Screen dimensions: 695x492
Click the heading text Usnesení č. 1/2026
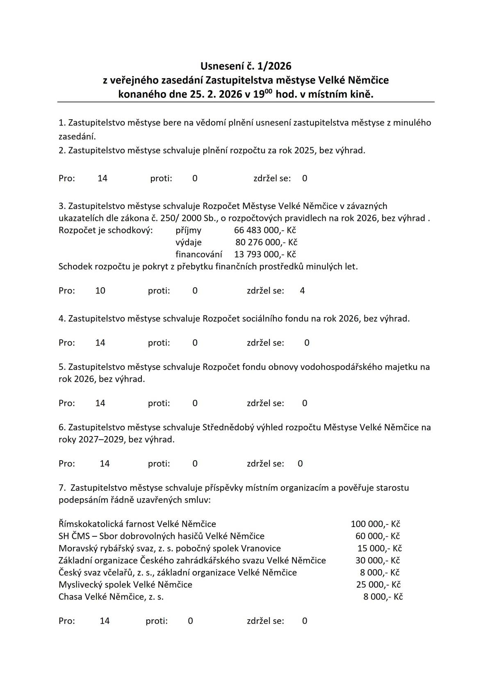[x=246, y=66]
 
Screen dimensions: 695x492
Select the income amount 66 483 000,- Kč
[x=265, y=230]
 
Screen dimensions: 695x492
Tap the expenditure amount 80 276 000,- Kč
[x=266, y=242]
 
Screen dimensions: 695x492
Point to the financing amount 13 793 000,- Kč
[x=265, y=254]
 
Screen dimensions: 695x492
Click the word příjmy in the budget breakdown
[x=188, y=230]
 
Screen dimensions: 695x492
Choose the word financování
[x=199, y=254]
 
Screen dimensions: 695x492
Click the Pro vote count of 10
[x=100, y=291]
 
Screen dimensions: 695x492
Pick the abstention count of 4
[x=302, y=291]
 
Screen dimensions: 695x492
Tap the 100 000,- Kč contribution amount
[x=375, y=524]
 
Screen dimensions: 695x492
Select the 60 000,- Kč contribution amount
[x=378, y=536]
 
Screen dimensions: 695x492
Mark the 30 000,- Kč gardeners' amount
[x=378, y=560]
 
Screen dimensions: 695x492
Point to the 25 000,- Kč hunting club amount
[x=378, y=584]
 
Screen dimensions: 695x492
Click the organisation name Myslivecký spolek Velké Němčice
[x=125, y=584]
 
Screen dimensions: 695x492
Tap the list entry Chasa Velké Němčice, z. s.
[x=111, y=597]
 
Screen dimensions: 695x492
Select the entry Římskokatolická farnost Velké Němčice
[x=137, y=524]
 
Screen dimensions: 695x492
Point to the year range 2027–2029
[x=98, y=440]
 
